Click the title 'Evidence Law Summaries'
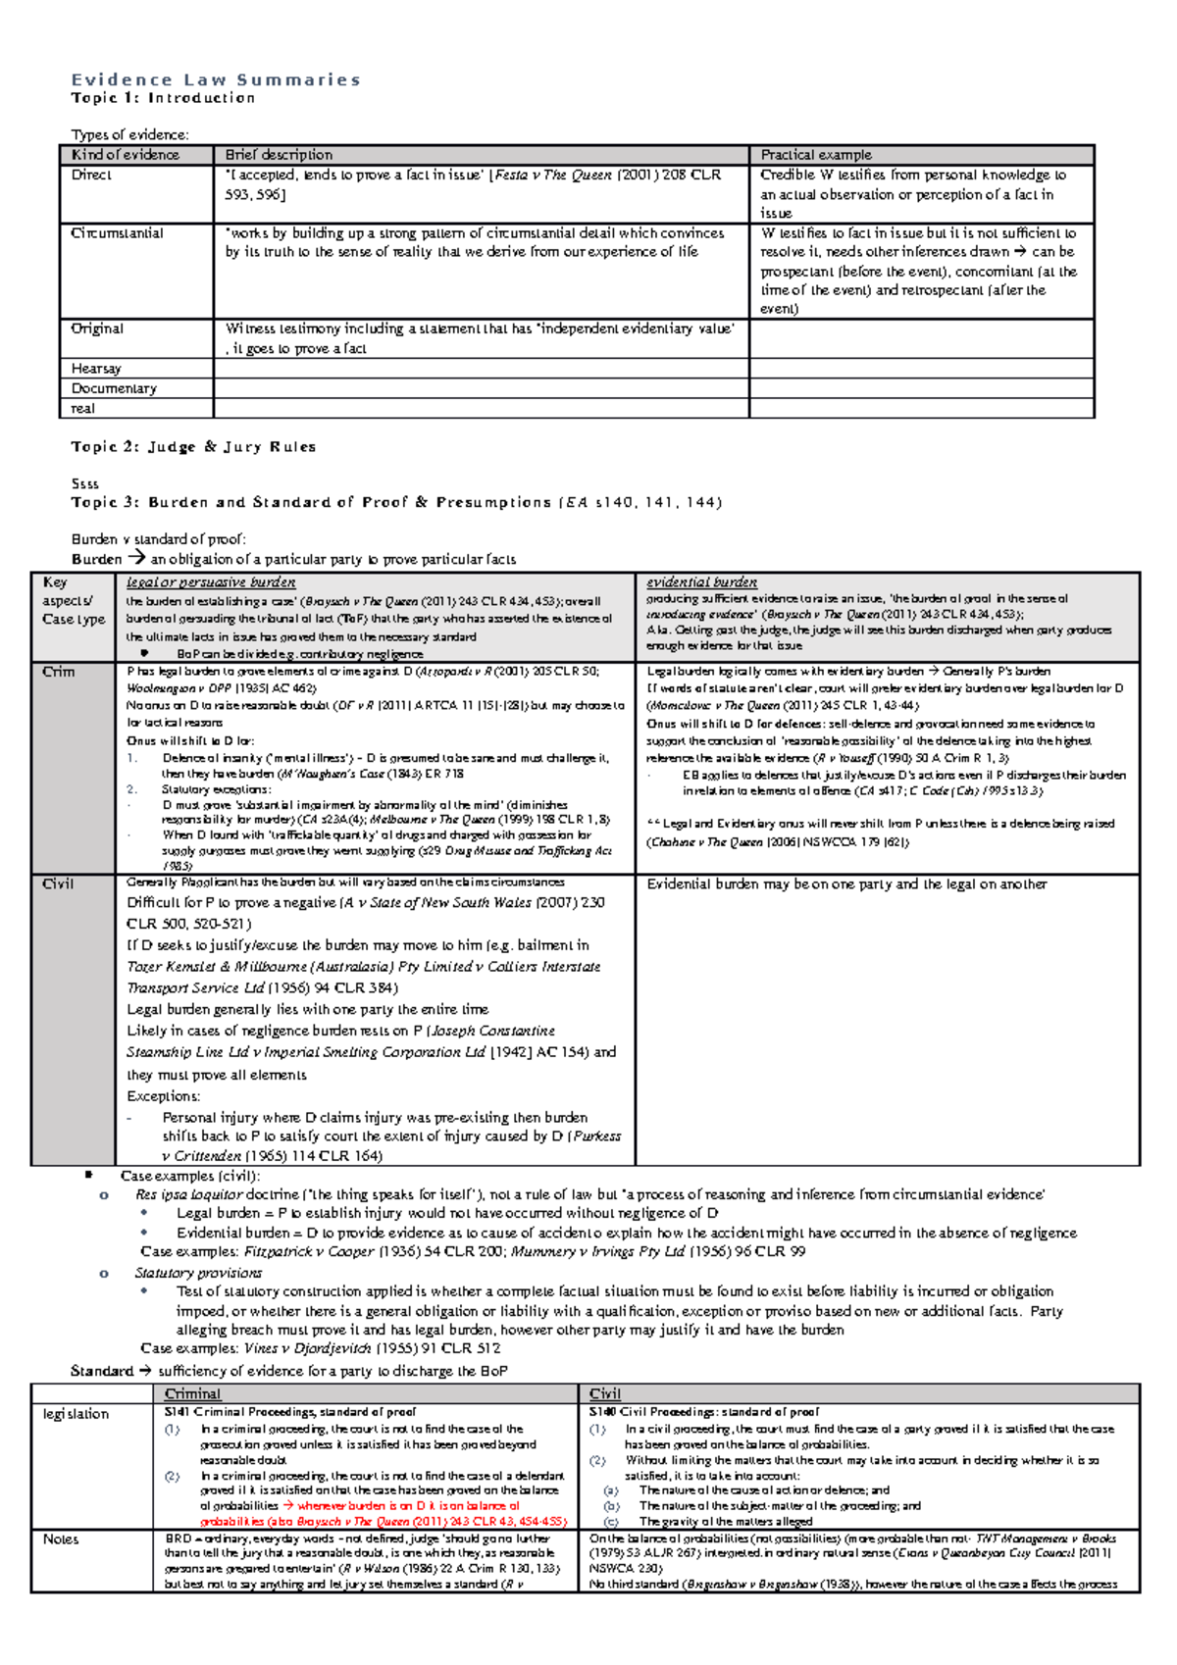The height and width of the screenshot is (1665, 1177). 216,79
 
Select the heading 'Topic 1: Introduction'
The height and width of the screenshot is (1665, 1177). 163,98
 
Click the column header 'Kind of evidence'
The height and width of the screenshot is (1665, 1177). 126,155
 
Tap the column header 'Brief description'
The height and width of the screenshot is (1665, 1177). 279,155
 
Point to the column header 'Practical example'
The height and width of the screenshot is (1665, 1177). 816,155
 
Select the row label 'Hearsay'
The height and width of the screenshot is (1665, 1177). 96,369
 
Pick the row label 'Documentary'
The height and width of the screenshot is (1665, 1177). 114,388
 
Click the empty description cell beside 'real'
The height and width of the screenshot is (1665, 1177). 481,409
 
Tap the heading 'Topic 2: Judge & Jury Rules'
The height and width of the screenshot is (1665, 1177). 193,447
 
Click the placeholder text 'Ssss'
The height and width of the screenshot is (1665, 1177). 84,483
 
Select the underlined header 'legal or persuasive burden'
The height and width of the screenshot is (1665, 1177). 211,582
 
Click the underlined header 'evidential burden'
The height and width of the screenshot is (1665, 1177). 701,582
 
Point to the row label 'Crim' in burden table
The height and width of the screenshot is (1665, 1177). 59,672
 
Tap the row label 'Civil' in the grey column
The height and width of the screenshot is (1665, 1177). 58,884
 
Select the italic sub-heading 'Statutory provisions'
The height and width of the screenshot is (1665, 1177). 198,1273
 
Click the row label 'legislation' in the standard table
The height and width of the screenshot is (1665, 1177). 76,1414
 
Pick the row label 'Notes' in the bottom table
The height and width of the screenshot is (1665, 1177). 61,1539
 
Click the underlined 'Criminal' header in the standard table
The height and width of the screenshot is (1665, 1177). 192,1394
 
